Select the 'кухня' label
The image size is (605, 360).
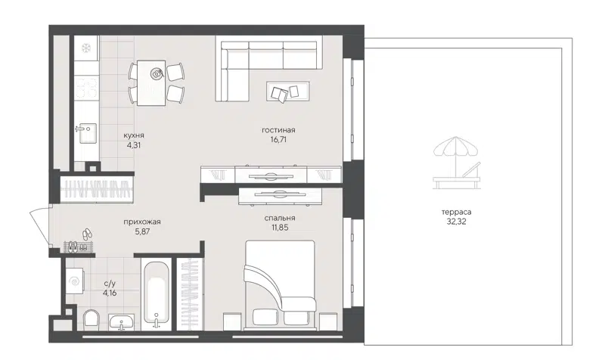tap(135, 135)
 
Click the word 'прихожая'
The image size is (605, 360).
tap(142, 222)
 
